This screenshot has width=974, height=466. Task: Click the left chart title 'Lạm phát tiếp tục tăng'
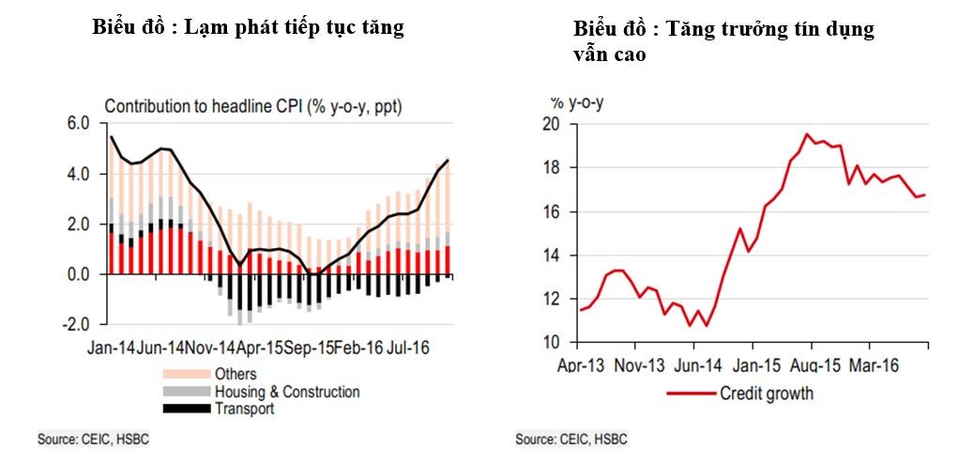pyautogui.click(x=248, y=27)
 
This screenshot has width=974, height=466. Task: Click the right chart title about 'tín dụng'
pyautogui.click(x=723, y=41)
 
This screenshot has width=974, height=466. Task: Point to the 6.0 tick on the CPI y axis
pyautogui.click(x=77, y=123)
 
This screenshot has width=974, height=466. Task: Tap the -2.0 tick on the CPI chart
pyautogui.click(x=75, y=325)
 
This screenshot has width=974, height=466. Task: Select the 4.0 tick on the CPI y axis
pyautogui.click(x=77, y=174)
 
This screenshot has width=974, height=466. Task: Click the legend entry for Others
pyautogui.click(x=236, y=375)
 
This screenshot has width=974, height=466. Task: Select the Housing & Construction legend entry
pyautogui.click(x=287, y=392)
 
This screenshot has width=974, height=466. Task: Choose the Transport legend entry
pyautogui.click(x=244, y=408)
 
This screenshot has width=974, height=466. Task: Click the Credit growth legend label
pyautogui.click(x=767, y=394)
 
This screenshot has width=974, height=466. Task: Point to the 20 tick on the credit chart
pyautogui.click(x=551, y=124)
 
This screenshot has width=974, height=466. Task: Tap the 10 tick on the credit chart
pyautogui.click(x=551, y=342)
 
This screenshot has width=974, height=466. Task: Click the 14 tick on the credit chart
pyautogui.click(x=551, y=255)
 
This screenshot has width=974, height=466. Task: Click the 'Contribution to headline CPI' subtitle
pyautogui.click(x=250, y=106)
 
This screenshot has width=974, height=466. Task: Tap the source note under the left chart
pyautogui.click(x=93, y=439)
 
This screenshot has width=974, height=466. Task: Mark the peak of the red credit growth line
pyautogui.click(x=806, y=134)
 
